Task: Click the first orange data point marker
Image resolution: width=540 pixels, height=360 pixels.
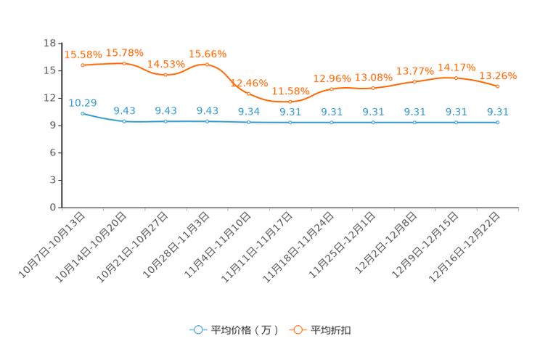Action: pyautogui.click(x=83, y=65)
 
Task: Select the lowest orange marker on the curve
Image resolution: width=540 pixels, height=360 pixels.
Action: pyautogui.click(x=290, y=102)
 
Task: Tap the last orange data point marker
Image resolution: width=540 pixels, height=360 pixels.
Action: pyautogui.click(x=498, y=86)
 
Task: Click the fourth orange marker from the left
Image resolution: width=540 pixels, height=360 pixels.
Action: pyautogui.click(x=208, y=64)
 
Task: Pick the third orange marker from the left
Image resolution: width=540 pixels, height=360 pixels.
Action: pyautogui.click(x=166, y=74)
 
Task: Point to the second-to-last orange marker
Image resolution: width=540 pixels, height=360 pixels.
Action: pyautogui.click(x=457, y=77)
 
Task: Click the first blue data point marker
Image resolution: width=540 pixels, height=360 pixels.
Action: pyautogui.click(x=83, y=113)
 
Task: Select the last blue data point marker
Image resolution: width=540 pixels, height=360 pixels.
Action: pyautogui.click(x=498, y=122)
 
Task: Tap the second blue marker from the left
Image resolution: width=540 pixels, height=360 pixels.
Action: pyautogui.click(x=125, y=121)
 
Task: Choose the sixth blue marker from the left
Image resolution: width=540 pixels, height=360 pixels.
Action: pyautogui.click(x=290, y=122)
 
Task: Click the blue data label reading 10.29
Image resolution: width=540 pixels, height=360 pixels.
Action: pyautogui.click(x=83, y=103)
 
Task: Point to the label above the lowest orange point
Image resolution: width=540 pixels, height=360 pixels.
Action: pyautogui.click(x=290, y=91)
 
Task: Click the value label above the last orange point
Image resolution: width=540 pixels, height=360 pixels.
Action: pyautogui.click(x=498, y=75)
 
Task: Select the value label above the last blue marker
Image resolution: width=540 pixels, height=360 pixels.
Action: pyautogui.click(x=498, y=111)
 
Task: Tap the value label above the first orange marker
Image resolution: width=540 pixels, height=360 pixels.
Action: pyautogui.click(x=83, y=54)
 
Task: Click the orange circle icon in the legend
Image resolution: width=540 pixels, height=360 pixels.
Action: pyautogui.click(x=298, y=330)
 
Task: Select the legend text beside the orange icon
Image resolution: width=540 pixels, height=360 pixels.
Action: pyautogui.click(x=332, y=330)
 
